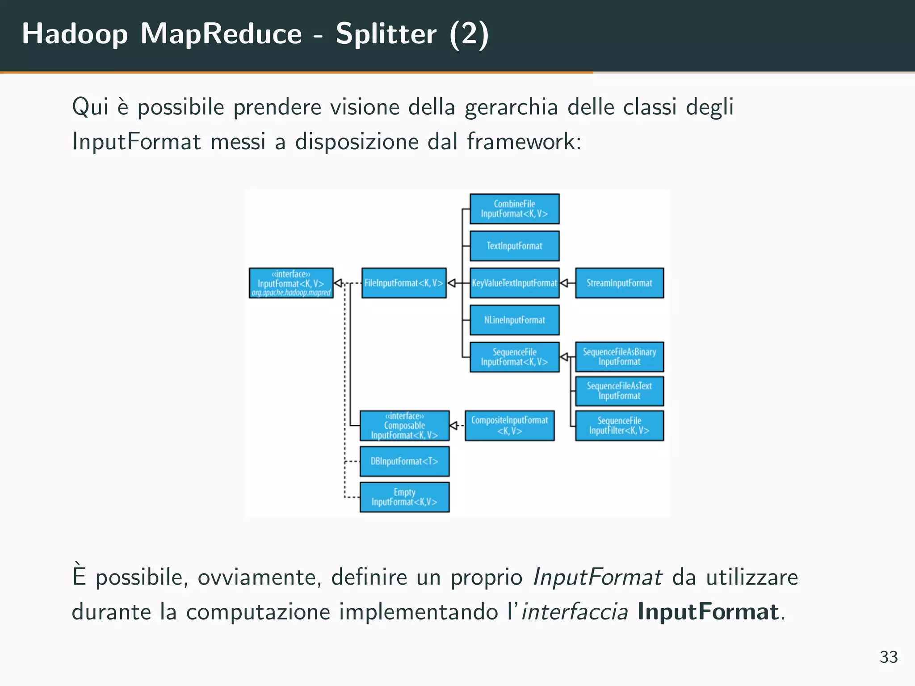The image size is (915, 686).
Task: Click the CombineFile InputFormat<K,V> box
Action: [x=514, y=209]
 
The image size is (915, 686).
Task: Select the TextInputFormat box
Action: [x=514, y=246]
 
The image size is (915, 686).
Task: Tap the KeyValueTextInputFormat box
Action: [x=514, y=283]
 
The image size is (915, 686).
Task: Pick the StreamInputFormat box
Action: [x=619, y=283]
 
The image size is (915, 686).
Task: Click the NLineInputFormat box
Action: [x=514, y=320]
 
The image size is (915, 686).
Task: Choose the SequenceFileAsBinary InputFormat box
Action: [x=619, y=357]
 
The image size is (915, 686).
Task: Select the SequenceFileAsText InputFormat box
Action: [x=619, y=391]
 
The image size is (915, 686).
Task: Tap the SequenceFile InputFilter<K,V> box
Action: [x=619, y=425]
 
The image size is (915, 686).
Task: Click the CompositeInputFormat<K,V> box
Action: [x=509, y=425]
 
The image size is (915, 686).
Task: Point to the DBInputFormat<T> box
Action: [x=404, y=461]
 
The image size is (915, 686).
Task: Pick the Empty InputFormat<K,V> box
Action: [x=404, y=497]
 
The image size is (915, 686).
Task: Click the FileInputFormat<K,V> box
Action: [x=403, y=283]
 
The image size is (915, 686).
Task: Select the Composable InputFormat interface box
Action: [x=404, y=425]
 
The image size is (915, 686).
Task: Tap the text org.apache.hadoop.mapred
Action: [x=291, y=293]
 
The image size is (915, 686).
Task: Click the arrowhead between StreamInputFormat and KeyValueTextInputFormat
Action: [x=564, y=283]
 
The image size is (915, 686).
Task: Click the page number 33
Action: [x=888, y=657]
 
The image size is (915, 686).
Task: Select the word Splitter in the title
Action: [x=386, y=33]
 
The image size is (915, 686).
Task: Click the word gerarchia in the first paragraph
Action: [x=511, y=107]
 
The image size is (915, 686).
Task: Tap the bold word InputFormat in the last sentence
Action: [x=708, y=611]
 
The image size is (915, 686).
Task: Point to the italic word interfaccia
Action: [x=575, y=611]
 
